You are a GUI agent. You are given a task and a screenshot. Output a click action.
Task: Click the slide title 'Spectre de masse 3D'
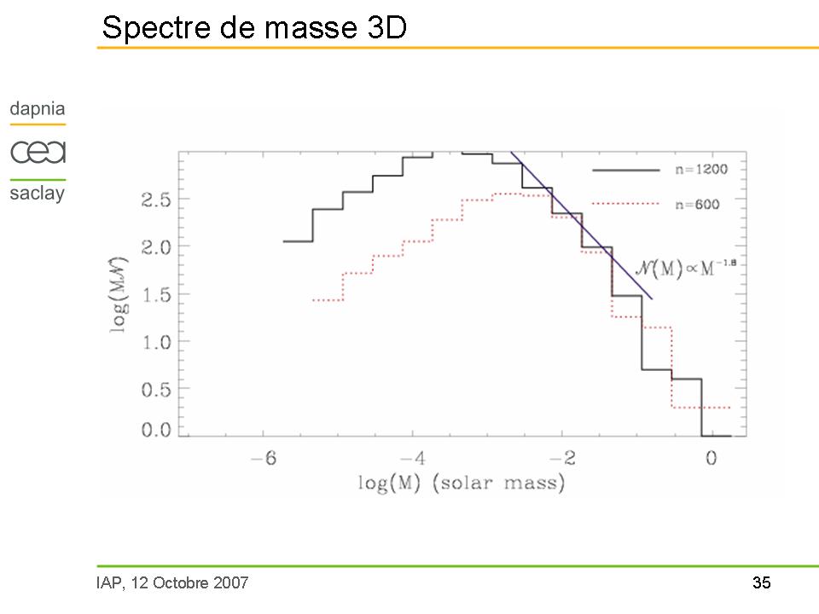pos(253,27)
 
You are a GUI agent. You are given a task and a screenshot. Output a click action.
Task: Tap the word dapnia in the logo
pos(38,109)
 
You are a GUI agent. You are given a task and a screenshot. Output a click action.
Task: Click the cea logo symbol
pos(38,153)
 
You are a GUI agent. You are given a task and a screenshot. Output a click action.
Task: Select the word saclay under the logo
pos(38,193)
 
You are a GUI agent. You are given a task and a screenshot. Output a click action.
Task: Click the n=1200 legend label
pos(698,170)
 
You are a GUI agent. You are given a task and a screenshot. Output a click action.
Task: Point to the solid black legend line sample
pos(626,170)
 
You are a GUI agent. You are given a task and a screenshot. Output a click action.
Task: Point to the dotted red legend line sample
pos(626,204)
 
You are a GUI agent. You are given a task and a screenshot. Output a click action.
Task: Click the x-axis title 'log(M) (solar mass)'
pos(461,484)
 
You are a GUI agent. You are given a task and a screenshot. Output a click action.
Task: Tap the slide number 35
pos(761,583)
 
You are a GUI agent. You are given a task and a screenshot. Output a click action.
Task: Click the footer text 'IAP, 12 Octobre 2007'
pos(172,583)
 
